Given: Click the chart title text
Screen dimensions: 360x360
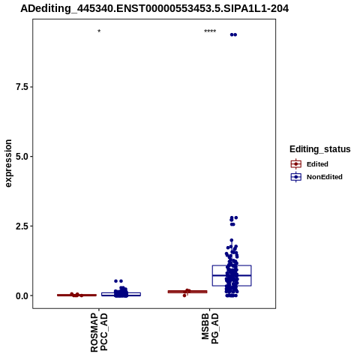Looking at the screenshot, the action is click(154, 9).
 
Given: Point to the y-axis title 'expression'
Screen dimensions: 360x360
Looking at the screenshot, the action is click(8, 163).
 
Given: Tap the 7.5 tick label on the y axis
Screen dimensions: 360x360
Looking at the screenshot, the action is click(21, 87).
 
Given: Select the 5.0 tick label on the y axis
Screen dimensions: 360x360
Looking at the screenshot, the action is click(21, 157).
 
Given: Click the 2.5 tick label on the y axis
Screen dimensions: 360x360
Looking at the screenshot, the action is click(21, 226).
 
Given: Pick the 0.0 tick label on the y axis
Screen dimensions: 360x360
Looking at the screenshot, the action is click(21, 295).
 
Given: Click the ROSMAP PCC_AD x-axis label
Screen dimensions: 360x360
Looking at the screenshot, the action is click(99, 332).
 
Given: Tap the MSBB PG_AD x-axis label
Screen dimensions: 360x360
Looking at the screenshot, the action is click(210, 328).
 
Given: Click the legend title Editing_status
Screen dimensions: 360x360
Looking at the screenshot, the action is click(320, 149).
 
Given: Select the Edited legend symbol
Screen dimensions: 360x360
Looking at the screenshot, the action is click(296, 164).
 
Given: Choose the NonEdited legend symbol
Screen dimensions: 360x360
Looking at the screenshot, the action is click(296, 177).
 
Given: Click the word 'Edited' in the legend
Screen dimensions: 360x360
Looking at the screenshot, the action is click(317, 164).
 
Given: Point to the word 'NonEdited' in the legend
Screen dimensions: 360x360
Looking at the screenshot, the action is click(325, 177).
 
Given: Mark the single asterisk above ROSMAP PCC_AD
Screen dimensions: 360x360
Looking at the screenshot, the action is click(99, 31).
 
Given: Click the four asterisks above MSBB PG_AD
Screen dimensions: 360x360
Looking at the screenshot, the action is click(210, 31).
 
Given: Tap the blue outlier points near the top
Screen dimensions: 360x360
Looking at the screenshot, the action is click(233, 34).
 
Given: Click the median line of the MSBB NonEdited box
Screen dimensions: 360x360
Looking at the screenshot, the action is click(232, 275).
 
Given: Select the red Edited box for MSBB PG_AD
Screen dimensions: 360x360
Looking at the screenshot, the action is click(187, 292).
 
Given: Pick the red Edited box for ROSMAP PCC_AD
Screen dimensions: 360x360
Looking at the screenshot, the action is click(76, 295).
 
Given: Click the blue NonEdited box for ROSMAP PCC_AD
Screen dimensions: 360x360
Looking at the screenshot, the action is click(121, 294).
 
